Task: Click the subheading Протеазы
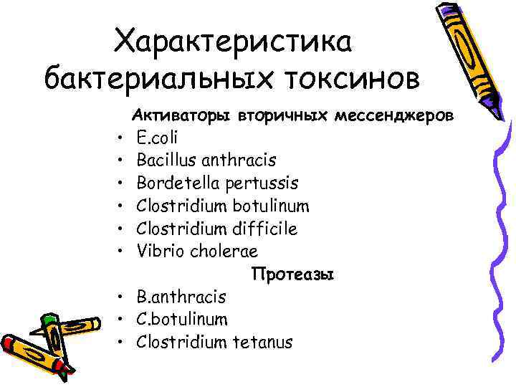(x=292, y=274)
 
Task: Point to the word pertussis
(x=259, y=183)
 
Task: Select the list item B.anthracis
(x=181, y=297)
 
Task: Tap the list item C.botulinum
(x=182, y=320)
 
